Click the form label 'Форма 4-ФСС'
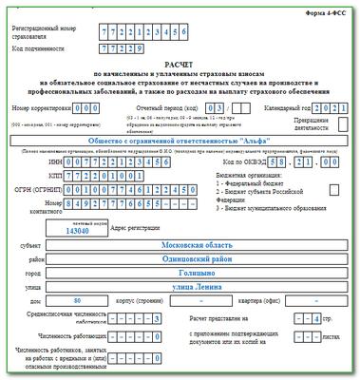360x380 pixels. click(328, 11)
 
